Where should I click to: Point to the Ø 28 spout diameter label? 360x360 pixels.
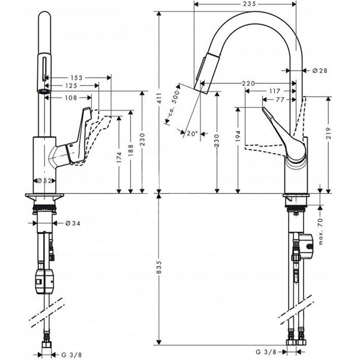click(320, 71)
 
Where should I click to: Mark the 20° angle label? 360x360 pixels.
click(192, 133)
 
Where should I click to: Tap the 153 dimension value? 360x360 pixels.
click(75, 77)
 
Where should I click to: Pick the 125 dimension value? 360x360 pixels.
click(71, 86)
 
